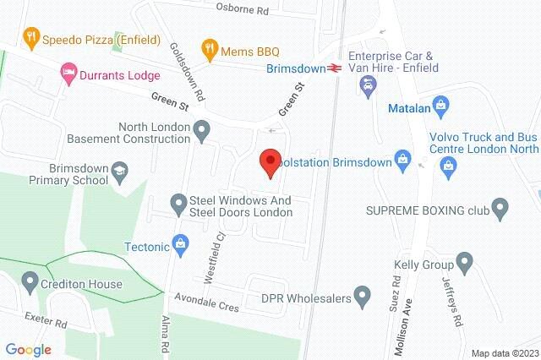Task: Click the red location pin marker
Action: (270, 161)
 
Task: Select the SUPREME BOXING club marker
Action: (499, 207)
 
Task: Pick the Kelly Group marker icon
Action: (463, 259)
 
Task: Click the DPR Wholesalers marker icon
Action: (363, 297)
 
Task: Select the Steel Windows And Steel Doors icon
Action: (178, 204)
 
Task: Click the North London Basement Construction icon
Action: (201, 130)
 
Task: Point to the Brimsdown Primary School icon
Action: (120, 173)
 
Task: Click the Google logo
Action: (28, 349)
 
